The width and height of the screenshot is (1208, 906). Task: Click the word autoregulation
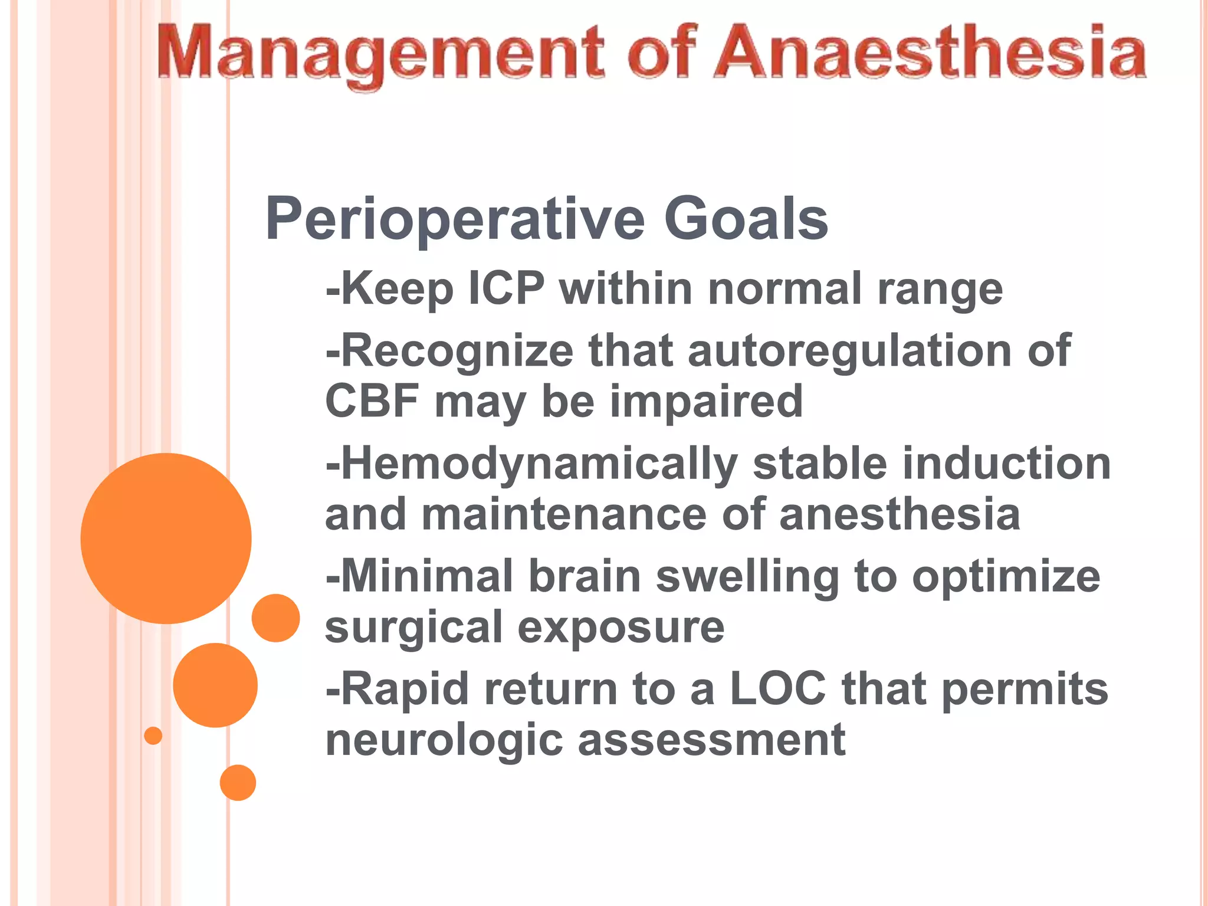(x=849, y=350)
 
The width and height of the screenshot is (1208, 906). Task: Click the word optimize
(x=1006, y=576)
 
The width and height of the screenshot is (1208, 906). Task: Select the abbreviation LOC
(x=777, y=688)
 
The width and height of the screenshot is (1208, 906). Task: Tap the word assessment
(x=711, y=740)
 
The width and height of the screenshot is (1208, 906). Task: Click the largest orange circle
(x=166, y=538)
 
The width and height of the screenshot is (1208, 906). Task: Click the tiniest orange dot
(x=153, y=736)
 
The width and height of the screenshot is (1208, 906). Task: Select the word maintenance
(x=563, y=514)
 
